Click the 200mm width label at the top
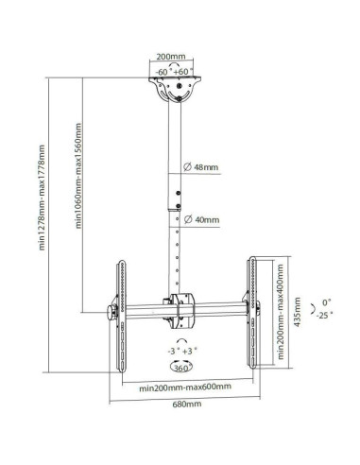(171, 57)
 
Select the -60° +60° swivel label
(174, 72)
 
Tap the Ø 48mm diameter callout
(201, 167)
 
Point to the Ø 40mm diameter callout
(201, 219)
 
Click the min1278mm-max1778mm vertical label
(43, 198)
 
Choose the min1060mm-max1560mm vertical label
(78, 176)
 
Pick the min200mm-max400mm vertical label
(281, 312)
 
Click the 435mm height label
(297, 312)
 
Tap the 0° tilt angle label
(327, 302)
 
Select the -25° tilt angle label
(324, 315)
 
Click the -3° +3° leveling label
(182, 351)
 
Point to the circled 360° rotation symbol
(181, 367)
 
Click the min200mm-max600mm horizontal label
(185, 387)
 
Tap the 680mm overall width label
(187, 404)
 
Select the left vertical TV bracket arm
(122, 316)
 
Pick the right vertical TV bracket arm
(252, 313)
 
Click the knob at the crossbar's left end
(111, 313)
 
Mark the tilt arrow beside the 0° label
(313, 309)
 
